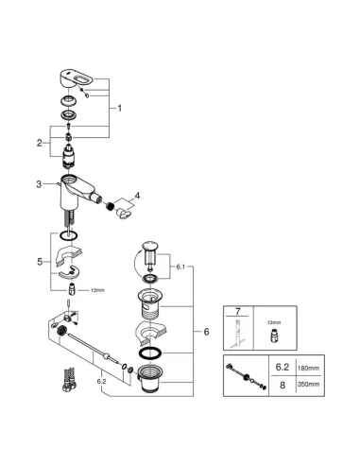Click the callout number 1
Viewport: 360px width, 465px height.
(x=119, y=109)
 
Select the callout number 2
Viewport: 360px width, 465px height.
(x=40, y=143)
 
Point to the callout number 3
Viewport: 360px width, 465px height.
(x=39, y=184)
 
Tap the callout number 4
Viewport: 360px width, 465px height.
(x=137, y=196)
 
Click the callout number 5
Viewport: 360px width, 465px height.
(x=40, y=262)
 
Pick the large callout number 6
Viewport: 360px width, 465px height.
(x=206, y=332)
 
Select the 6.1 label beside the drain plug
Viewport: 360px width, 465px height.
(x=180, y=267)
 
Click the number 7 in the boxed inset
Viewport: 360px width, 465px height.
(x=238, y=312)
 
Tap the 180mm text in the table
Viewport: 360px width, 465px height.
(x=308, y=368)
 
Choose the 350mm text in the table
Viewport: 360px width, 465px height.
(x=308, y=385)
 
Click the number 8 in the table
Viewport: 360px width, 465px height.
(x=283, y=385)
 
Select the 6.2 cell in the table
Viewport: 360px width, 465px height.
(x=283, y=367)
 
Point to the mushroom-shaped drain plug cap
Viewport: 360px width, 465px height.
(x=149, y=246)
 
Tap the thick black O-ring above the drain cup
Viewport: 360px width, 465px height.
(x=150, y=353)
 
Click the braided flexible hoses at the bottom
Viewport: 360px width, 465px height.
(x=70, y=379)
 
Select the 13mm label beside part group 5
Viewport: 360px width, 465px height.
(x=97, y=290)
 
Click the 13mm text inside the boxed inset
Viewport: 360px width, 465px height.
(x=274, y=322)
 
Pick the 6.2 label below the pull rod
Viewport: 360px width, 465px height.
(x=102, y=381)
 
